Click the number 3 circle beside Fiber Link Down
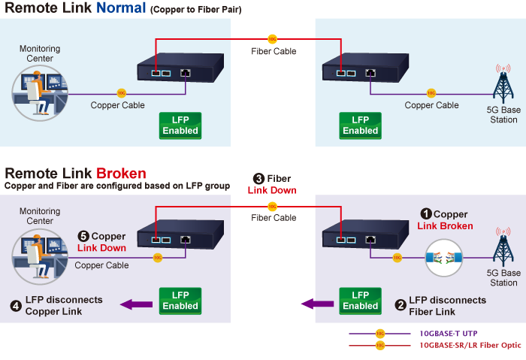point(258,179)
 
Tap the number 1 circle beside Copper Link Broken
point(425,214)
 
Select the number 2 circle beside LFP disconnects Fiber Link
point(401,306)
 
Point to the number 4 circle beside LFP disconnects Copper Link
point(16,306)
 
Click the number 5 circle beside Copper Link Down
point(83,237)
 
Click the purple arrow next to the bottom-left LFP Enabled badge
point(136,304)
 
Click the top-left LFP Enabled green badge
point(180,126)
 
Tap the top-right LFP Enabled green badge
point(361,126)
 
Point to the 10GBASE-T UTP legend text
point(448,333)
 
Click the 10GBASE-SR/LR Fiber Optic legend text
point(470,346)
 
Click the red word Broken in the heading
point(121,174)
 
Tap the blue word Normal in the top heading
point(121,10)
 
